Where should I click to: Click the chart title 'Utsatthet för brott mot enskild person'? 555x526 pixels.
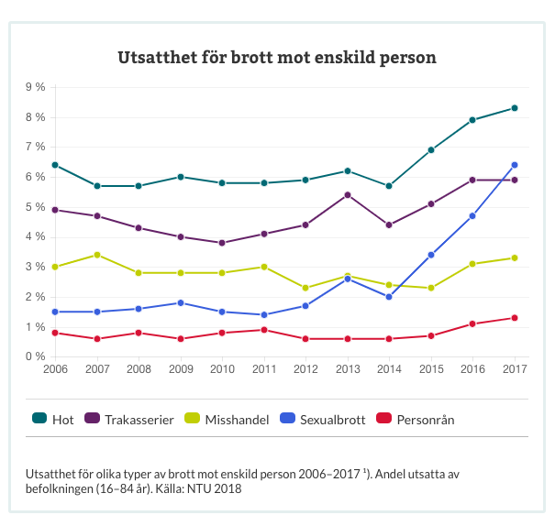click(277, 58)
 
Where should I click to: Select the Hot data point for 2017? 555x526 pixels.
click(515, 108)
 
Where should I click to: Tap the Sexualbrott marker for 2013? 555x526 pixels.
click(348, 279)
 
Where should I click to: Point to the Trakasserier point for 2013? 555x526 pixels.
click(348, 195)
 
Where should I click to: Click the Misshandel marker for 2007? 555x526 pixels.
click(97, 255)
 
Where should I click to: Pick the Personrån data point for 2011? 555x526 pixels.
click(264, 330)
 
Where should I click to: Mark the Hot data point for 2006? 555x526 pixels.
click(55, 165)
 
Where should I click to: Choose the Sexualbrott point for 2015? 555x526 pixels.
click(431, 255)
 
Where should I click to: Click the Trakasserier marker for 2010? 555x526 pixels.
click(222, 243)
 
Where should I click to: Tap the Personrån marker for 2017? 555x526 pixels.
click(515, 318)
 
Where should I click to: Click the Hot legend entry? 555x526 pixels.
click(54, 419)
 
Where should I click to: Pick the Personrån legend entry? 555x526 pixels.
click(425, 419)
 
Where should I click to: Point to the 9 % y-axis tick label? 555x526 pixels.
click(35, 87)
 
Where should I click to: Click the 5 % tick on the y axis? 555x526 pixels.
click(35, 207)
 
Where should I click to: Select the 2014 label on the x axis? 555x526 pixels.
click(389, 368)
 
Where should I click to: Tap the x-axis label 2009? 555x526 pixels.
click(181, 368)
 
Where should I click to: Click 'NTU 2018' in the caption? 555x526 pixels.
click(213, 488)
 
